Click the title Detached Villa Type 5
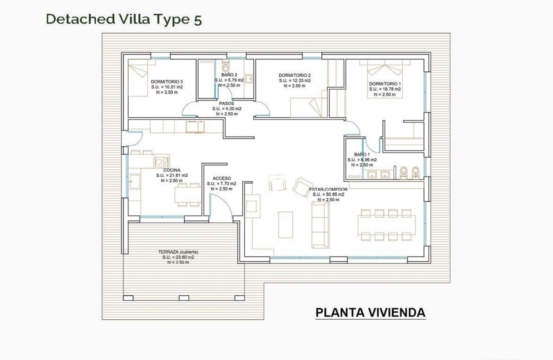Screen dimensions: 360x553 click(x=124, y=19)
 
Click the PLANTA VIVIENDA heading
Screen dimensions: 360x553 click(x=370, y=313)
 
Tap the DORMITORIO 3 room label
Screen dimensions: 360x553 click(x=167, y=82)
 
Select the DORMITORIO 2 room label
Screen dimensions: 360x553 click(x=295, y=75)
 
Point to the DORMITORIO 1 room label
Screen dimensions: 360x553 click(x=385, y=84)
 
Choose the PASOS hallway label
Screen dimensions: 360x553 click(x=226, y=103)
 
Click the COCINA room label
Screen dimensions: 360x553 click(x=172, y=170)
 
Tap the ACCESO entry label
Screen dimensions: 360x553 click(x=222, y=178)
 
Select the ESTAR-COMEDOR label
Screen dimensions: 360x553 click(x=328, y=189)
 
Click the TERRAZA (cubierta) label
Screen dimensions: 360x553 click(x=178, y=252)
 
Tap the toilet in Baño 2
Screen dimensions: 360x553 click(x=226, y=67)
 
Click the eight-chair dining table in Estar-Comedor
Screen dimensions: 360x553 click(x=386, y=225)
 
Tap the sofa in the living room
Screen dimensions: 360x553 click(x=320, y=225)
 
